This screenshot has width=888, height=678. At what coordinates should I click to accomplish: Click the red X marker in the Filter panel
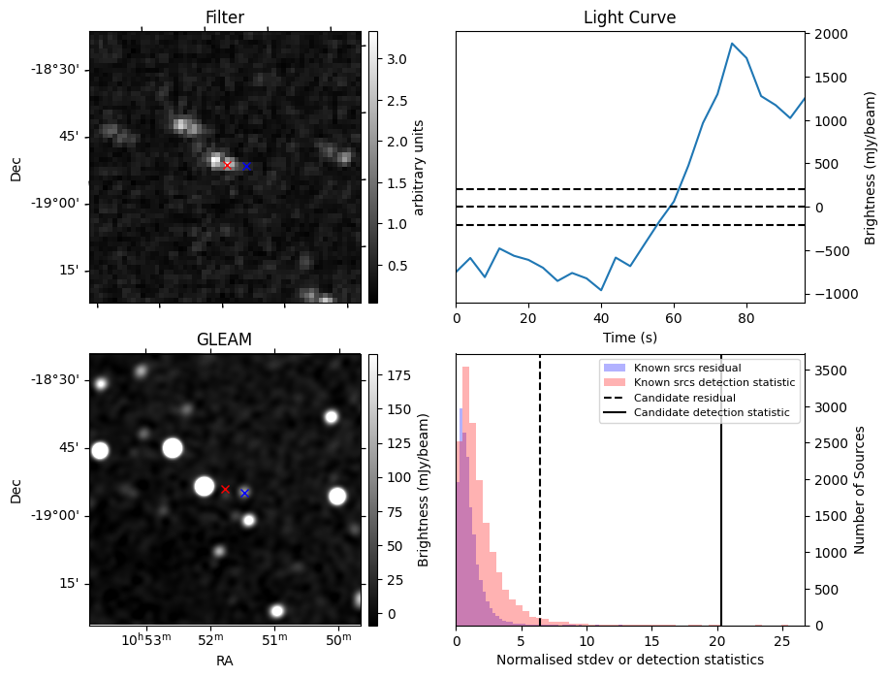[228, 166]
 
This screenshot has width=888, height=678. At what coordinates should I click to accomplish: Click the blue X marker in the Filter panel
[246, 167]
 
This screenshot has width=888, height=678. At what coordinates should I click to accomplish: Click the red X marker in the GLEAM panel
[225, 490]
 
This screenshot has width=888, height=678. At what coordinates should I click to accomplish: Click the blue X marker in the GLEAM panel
[244, 494]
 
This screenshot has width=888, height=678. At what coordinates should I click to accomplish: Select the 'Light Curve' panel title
[629, 18]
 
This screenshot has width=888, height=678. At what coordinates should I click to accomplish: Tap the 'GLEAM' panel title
[225, 339]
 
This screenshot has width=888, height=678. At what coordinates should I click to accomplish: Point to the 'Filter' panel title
[225, 18]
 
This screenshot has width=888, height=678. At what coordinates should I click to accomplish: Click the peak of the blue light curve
[732, 44]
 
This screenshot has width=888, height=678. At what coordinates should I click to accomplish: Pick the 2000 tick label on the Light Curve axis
[831, 35]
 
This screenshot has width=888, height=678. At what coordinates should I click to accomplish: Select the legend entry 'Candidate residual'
[684, 398]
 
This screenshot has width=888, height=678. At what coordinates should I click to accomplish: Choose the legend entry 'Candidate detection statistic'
[711, 413]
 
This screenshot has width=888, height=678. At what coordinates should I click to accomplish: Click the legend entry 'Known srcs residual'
[686, 368]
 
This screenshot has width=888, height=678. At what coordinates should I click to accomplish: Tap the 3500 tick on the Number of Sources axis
[831, 371]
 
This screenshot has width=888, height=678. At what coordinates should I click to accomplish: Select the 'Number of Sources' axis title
[859, 490]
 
